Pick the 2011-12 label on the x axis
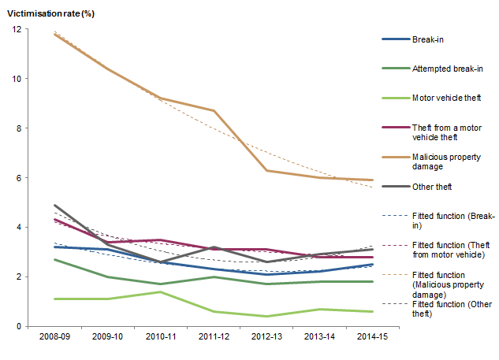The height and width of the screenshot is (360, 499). coord(214,336)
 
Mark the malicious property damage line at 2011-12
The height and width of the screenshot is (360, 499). coord(214,111)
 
